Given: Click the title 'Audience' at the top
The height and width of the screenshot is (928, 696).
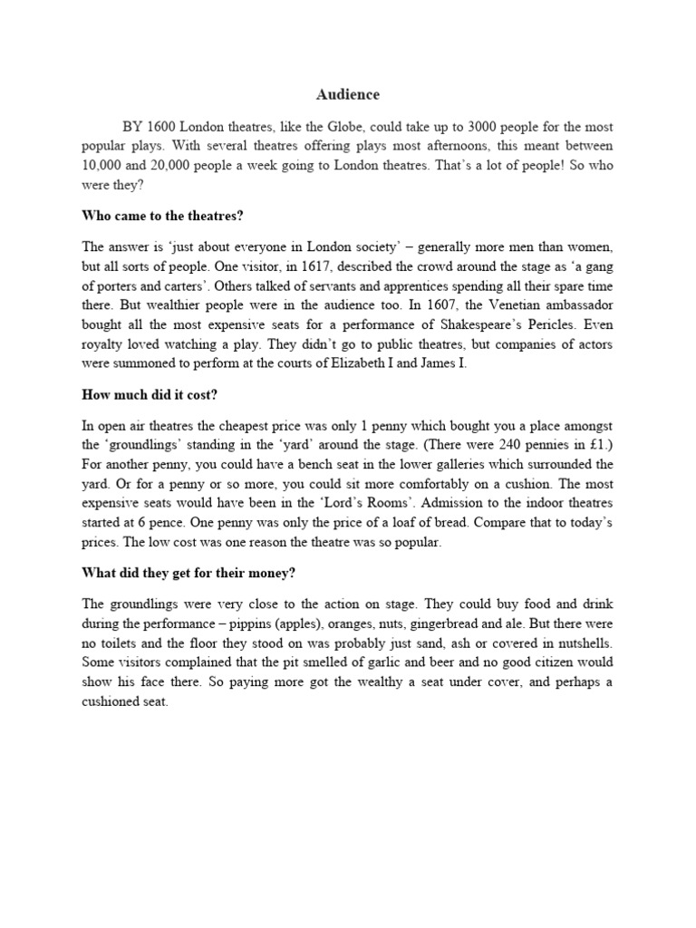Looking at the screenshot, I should click(348, 94).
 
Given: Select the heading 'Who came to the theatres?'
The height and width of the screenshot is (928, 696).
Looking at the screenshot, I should click(159, 216).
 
